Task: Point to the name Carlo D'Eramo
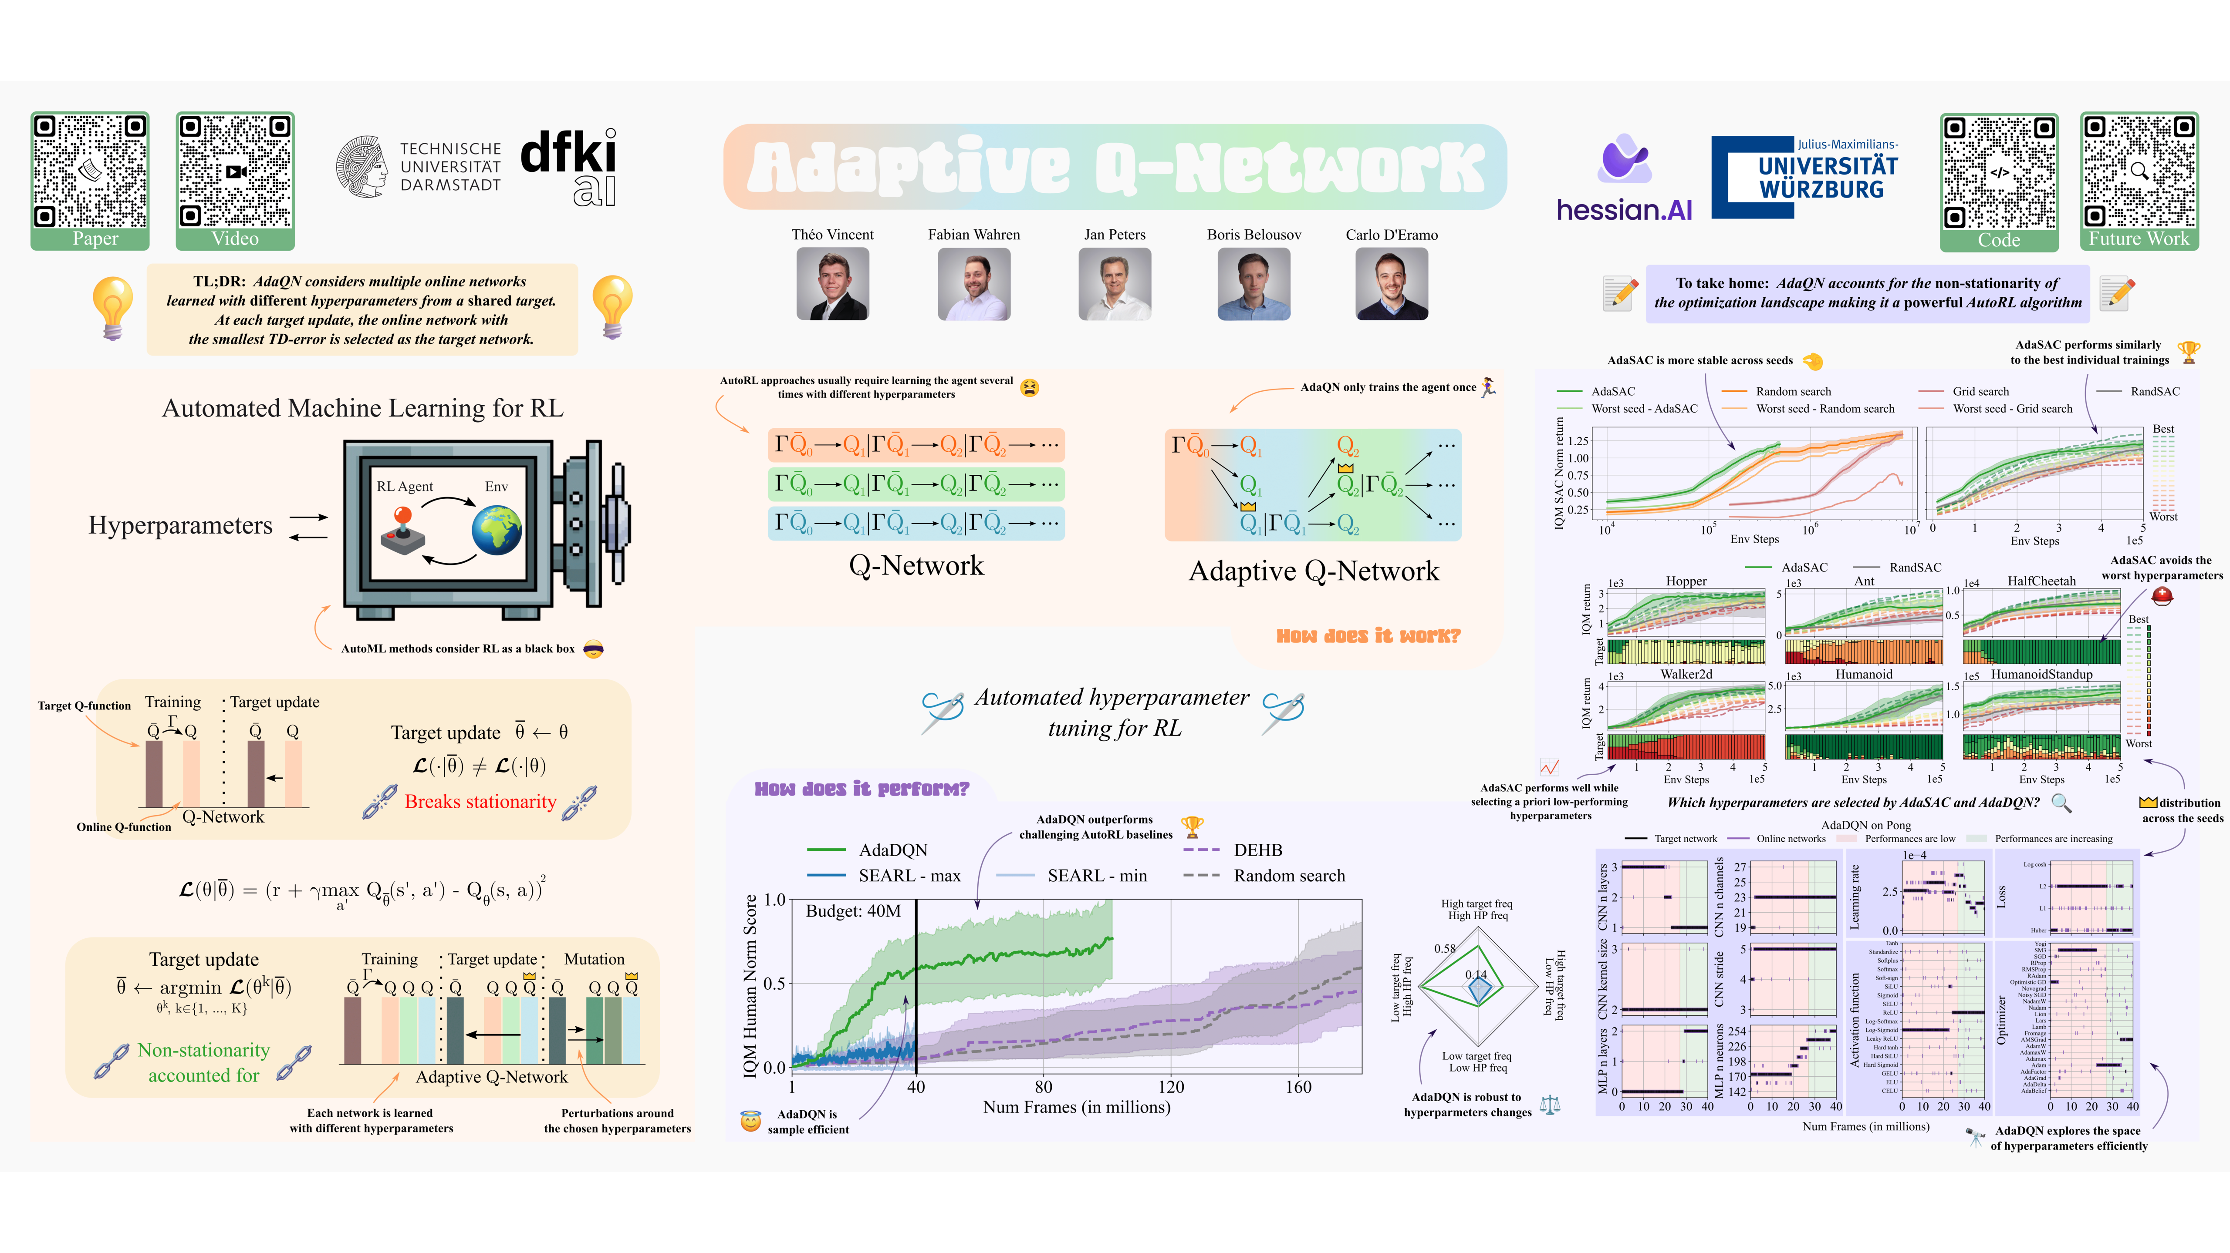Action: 1391,235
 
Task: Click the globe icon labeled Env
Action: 497,530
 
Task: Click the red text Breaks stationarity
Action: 480,801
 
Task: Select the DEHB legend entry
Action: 1257,850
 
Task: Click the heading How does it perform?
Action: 862,788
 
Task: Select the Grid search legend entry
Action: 1980,391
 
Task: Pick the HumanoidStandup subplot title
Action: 2041,674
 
